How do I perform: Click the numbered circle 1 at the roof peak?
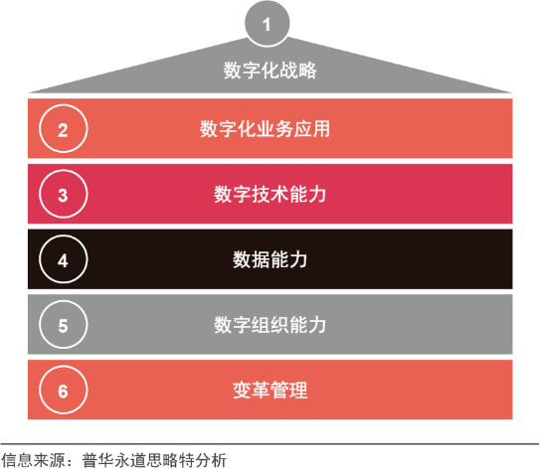(x=267, y=24)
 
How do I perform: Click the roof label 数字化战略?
(x=270, y=71)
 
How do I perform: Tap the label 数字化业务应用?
(x=265, y=129)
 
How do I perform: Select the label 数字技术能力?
(x=270, y=194)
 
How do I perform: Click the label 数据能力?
(x=270, y=259)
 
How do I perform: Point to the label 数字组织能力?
(x=270, y=325)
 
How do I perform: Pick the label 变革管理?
(x=270, y=391)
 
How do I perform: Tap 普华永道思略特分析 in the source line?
(x=154, y=460)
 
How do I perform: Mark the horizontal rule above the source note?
(x=270, y=444)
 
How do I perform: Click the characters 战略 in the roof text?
(x=298, y=71)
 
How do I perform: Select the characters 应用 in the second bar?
(x=311, y=129)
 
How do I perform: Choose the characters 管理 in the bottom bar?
(x=289, y=391)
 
